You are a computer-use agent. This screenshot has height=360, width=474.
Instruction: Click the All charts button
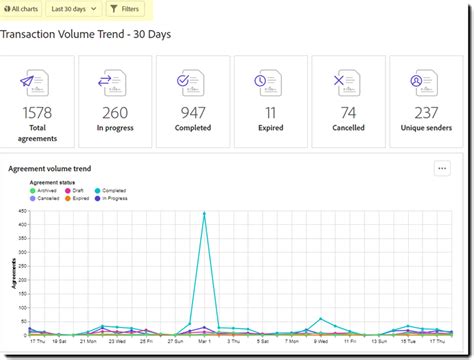(21, 9)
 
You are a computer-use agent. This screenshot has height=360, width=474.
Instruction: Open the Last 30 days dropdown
(74, 9)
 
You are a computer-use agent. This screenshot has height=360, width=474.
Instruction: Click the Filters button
(124, 9)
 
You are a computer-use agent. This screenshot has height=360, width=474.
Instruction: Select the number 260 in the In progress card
(114, 112)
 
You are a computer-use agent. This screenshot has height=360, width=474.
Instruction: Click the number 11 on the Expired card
(270, 112)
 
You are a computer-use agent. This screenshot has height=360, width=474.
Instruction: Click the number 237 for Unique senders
(426, 112)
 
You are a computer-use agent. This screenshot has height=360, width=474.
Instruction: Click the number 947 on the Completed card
(192, 112)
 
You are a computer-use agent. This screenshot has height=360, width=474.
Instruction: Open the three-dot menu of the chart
(442, 169)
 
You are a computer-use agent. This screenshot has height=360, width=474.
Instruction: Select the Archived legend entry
(57, 190)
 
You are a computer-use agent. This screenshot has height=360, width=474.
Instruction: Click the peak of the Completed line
(204, 213)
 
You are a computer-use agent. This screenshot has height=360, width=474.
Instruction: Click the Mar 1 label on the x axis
(204, 342)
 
